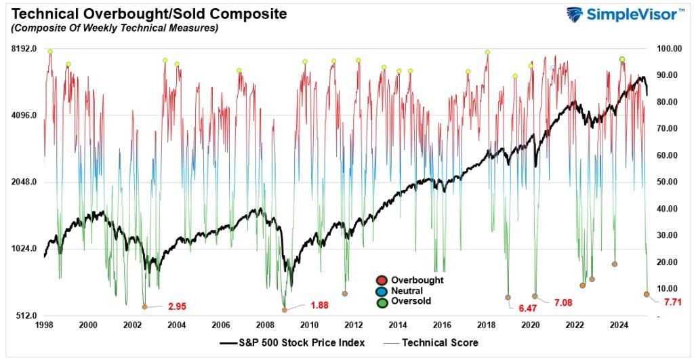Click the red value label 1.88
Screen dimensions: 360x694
click(319, 305)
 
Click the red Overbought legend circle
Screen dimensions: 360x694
click(382, 280)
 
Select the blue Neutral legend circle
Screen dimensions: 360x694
click(382, 291)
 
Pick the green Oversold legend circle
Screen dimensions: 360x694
click(382, 302)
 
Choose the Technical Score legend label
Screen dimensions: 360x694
click(440, 342)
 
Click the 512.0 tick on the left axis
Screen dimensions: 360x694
click(25, 316)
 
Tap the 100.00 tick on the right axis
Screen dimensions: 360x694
click(666, 49)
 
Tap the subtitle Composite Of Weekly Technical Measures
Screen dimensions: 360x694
click(114, 28)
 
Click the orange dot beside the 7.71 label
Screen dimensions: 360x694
click(647, 294)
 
